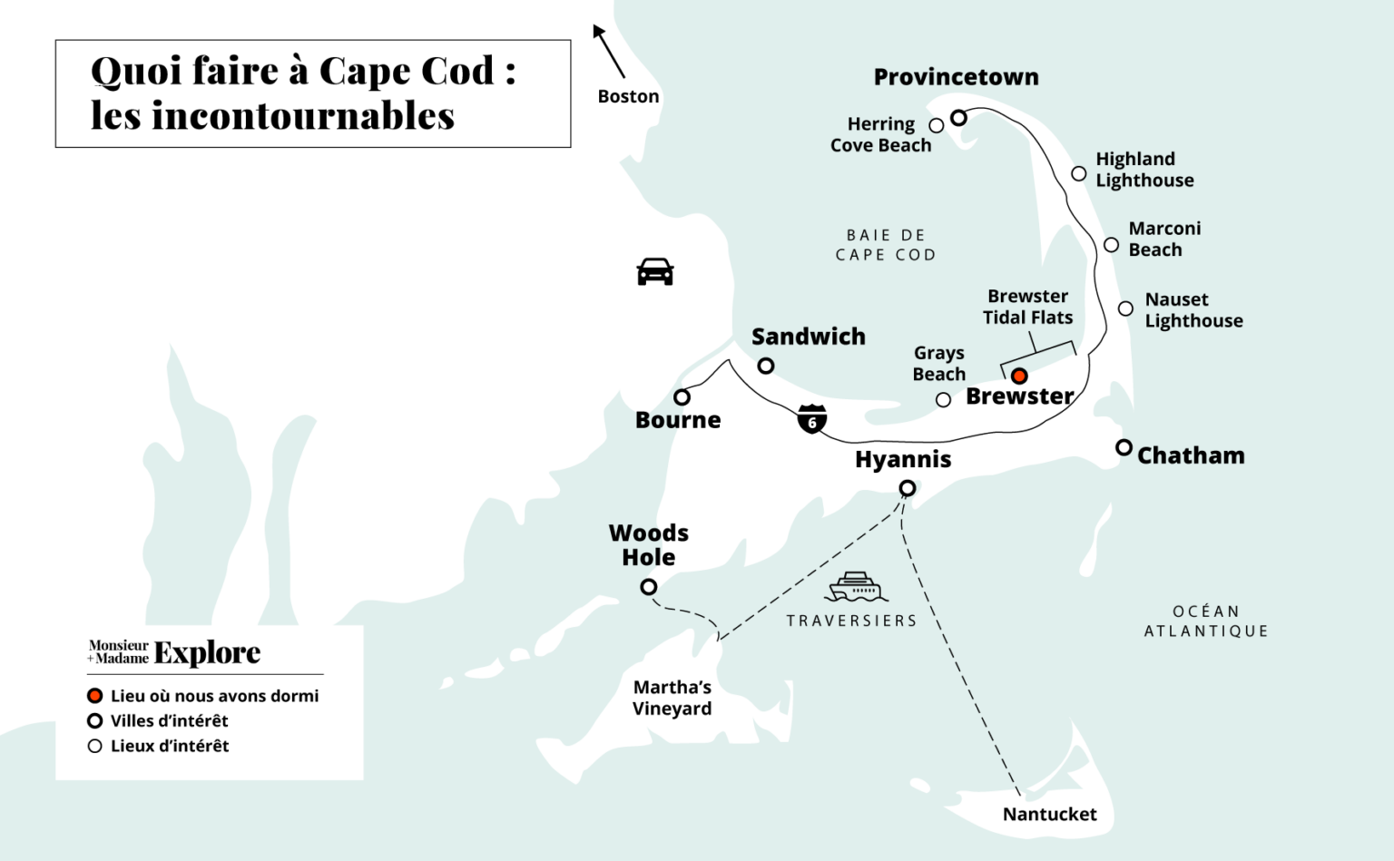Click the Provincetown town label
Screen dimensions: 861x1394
[x=956, y=77]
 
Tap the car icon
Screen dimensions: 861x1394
[x=655, y=271]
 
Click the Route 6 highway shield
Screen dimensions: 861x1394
[x=812, y=419]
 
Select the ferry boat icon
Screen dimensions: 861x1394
[x=856, y=587]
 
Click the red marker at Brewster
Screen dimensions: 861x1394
[x=1019, y=376]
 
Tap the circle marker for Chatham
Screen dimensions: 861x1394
[x=1124, y=447]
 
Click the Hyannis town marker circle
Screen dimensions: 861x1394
[x=907, y=488]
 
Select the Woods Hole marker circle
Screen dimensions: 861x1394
[x=649, y=587]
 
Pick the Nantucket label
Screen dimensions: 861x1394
[x=1049, y=814]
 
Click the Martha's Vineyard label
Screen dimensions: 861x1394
[x=672, y=698]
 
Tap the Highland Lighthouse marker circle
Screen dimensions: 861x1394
[x=1078, y=173]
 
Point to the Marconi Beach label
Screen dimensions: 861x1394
[x=1163, y=239]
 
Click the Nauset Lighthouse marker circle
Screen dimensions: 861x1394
[x=1125, y=308]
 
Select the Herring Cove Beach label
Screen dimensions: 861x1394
[x=880, y=134]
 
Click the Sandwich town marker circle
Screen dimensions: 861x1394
[x=766, y=366]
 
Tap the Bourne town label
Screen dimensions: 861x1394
[x=678, y=420]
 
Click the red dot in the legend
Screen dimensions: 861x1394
[x=94, y=696]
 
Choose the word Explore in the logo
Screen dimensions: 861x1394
[x=207, y=652]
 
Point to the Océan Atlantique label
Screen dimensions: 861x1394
[x=1205, y=621]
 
